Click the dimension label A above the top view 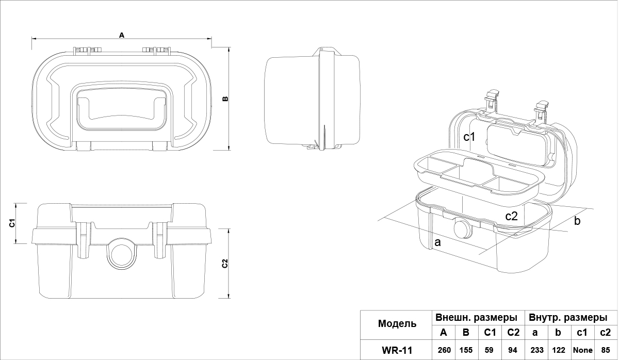(122, 35)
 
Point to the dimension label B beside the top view (225, 99)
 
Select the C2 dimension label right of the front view (225, 264)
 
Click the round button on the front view (122, 253)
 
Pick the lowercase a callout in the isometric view (437, 242)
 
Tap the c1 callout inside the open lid (469, 137)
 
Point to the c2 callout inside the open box (511, 216)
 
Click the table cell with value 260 (444, 350)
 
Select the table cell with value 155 (466, 350)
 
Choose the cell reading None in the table (583, 350)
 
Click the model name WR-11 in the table (397, 350)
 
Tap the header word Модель (397, 324)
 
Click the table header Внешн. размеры (476, 317)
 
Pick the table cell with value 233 (536, 350)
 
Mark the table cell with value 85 (606, 350)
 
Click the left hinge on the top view (87, 50)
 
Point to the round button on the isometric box (462, 228)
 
